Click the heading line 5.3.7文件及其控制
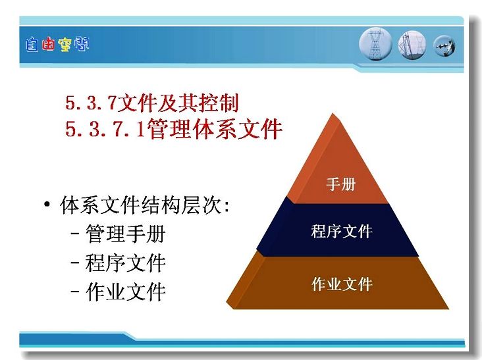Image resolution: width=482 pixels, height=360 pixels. [x=152, y=103]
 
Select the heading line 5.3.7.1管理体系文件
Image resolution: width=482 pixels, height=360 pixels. [x=174, y=129]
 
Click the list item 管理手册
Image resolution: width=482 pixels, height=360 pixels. [x=126, y=234]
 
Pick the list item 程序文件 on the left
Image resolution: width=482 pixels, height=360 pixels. [x=126, y=263]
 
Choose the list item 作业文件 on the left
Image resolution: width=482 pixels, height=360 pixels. [x=126, y=292]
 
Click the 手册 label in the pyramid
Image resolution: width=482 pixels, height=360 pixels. [x=340, y=184]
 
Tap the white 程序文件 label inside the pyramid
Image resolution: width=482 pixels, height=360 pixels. [x=342, y=231]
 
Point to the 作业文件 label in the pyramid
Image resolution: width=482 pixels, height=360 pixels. [x=342, y=284]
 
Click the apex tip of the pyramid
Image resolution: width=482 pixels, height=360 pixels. [x=333, y=113]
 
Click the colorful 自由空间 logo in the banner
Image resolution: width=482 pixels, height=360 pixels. [x=57, y=45]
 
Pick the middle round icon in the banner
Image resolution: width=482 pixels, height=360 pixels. [x=412, y=45]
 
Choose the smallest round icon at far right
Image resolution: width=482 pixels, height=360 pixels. [x=444, y=46]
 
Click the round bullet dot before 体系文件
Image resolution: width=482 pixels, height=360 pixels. [x=47, y=205]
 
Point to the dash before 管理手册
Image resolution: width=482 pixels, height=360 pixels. [x=75, y=234]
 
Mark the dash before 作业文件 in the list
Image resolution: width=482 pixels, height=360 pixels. [x=75, y=292]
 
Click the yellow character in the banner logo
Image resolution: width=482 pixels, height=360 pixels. [x=65, y=45]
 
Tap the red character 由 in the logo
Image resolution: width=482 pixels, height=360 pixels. [x=48, y=45]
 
